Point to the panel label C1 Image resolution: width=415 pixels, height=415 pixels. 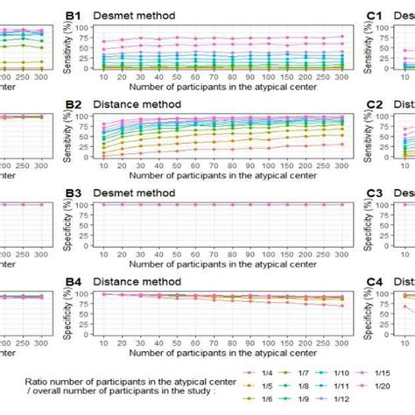coord(375,16)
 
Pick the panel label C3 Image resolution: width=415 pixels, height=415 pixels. coord(375,193)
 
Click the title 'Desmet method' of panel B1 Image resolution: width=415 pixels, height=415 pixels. coord(134,16)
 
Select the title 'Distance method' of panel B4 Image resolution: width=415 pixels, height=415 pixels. coord(137,281)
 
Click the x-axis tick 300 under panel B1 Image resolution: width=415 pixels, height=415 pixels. coord(341,78)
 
